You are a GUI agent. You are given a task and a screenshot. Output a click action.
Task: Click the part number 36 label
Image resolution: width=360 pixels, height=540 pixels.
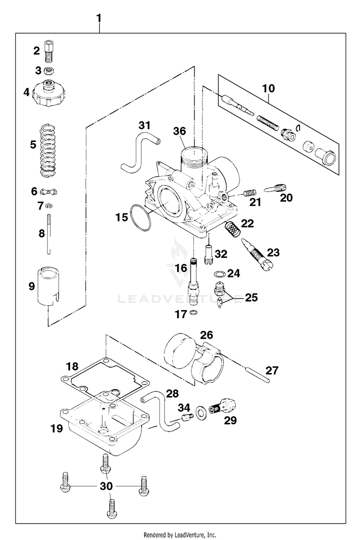pyautogui.click(x=180, y=131)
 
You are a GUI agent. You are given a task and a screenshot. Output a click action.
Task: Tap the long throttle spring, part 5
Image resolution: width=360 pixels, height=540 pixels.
pyautogui.click(x=48, y=151)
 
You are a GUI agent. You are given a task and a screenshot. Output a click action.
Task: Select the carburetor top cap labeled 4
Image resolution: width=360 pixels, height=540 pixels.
pyautogui.click(x=48, y=94)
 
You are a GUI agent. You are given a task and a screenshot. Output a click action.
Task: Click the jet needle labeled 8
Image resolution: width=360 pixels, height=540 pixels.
pyautogui.click(x=48, y=234)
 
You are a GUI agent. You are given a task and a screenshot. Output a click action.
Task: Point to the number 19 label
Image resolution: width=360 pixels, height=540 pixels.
pyautogui.click(x=57, y=429)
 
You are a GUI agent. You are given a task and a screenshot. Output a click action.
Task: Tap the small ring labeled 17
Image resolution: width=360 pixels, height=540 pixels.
pyautogui.click(x=194, y=313)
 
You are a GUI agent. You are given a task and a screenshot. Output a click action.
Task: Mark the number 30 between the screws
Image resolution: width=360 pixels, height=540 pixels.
pyautogui.click(x=106, y=486)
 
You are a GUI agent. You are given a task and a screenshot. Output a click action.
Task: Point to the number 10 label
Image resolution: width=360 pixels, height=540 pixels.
pyautogui.click(x=268, y=88)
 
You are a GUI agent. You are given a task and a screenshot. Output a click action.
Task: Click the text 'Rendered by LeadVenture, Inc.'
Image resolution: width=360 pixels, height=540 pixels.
pyautogui.click(x=180, y=535)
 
